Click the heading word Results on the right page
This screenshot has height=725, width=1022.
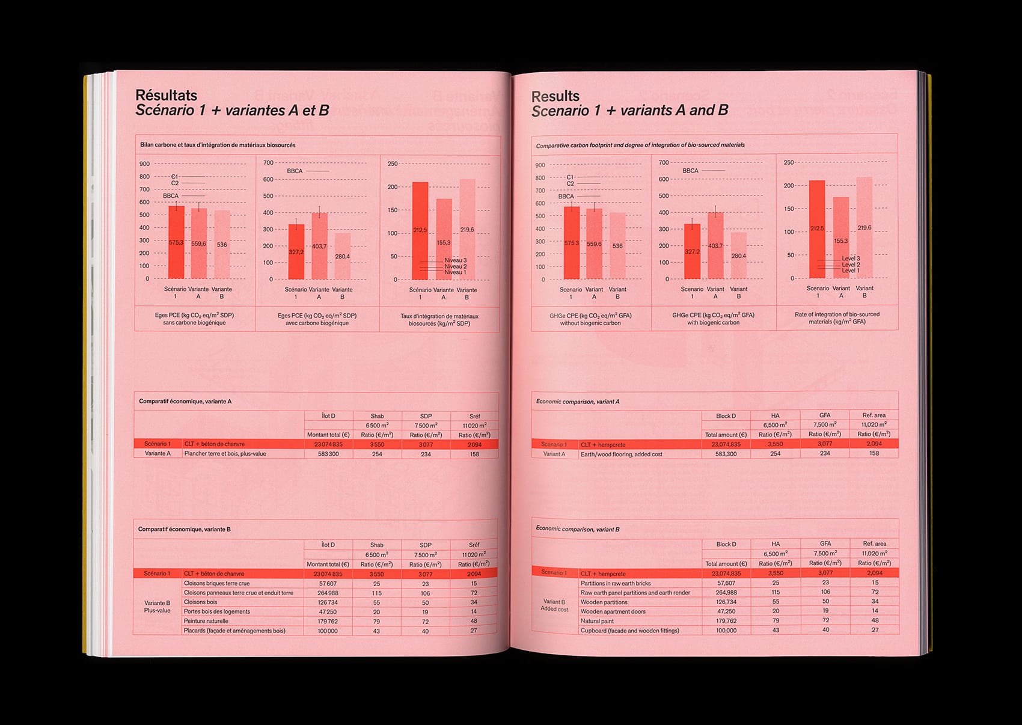555,96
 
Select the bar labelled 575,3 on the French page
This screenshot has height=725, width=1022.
176,243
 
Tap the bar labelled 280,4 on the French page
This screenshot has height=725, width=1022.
342,256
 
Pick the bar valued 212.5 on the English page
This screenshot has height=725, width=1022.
817,228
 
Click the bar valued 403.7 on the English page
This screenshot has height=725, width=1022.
715,245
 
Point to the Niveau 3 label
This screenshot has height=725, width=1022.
455,260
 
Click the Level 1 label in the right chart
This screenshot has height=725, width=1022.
850,271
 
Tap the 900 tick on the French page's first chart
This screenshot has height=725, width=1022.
144,164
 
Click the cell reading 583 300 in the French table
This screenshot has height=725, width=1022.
328,454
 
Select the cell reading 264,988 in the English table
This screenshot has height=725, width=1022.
726,592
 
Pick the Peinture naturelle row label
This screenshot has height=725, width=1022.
206,621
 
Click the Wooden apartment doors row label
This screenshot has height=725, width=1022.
613,611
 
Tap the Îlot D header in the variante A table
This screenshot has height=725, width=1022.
328,416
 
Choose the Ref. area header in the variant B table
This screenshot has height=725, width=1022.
874,543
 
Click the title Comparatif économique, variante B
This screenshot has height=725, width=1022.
185,529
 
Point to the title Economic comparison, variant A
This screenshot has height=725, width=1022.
577,402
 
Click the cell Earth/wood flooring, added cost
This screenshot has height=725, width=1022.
621,454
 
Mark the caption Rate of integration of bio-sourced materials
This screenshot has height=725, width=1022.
837,318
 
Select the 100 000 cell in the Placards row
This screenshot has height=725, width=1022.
328,631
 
